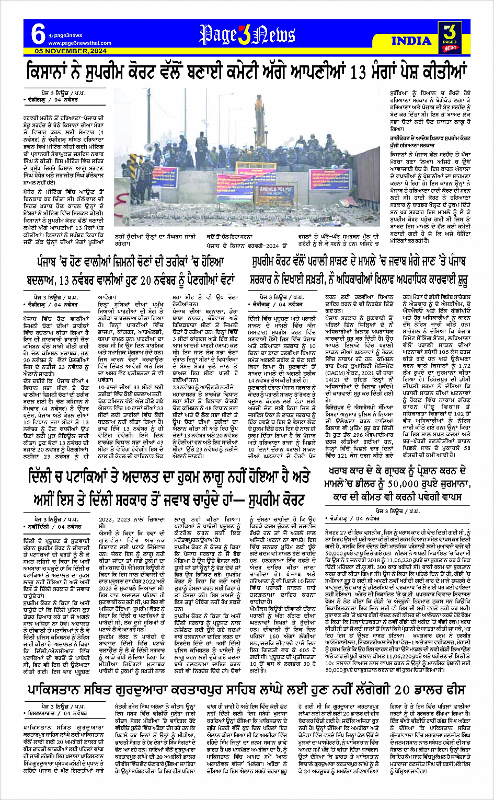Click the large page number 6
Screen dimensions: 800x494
pos(38,34)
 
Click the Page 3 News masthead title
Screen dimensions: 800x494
pos(247,35)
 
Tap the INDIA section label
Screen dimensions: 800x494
pos(411,41)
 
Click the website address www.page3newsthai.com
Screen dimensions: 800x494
pos(80,43)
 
